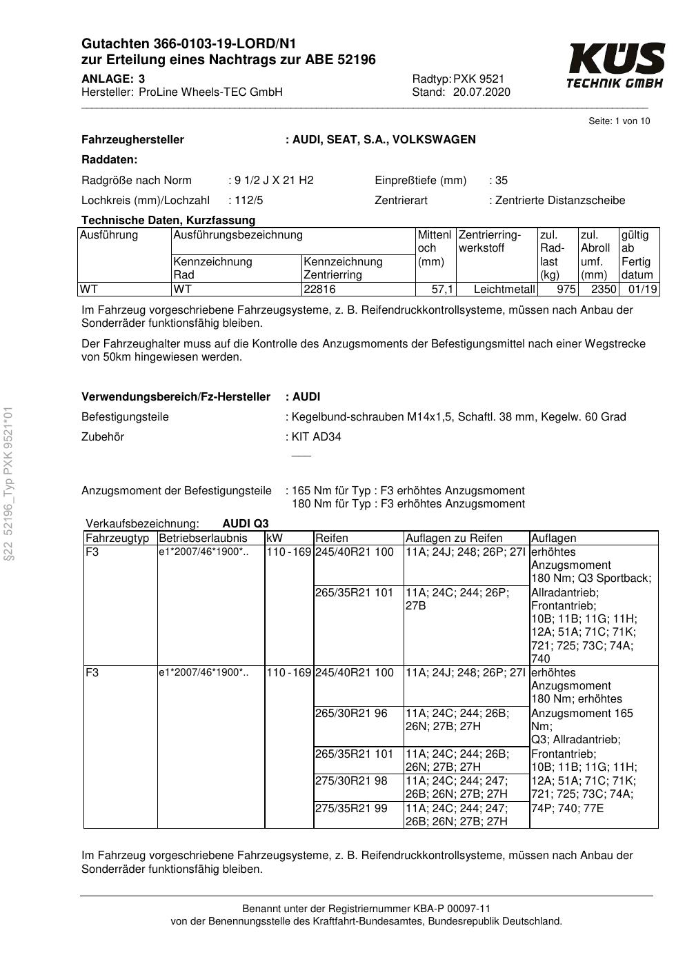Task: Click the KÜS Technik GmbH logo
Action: (x=615, y=65)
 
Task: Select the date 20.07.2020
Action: (x=482, y=92)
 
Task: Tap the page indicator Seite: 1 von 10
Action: (x=619, y=121)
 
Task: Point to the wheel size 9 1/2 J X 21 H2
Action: (x=274, y=181)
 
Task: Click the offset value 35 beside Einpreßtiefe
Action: (x=502, y=181)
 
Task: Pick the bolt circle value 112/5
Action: (x=249, y=201)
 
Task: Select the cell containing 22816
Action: (x=319, y=290)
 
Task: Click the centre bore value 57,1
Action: (x=442, y=290)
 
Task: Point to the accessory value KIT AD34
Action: (x=317, y=437)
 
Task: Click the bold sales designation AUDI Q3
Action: (x=246, y=523)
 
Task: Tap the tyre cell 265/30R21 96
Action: (x=351, y=714)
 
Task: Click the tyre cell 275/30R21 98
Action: (x=351, y=781)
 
